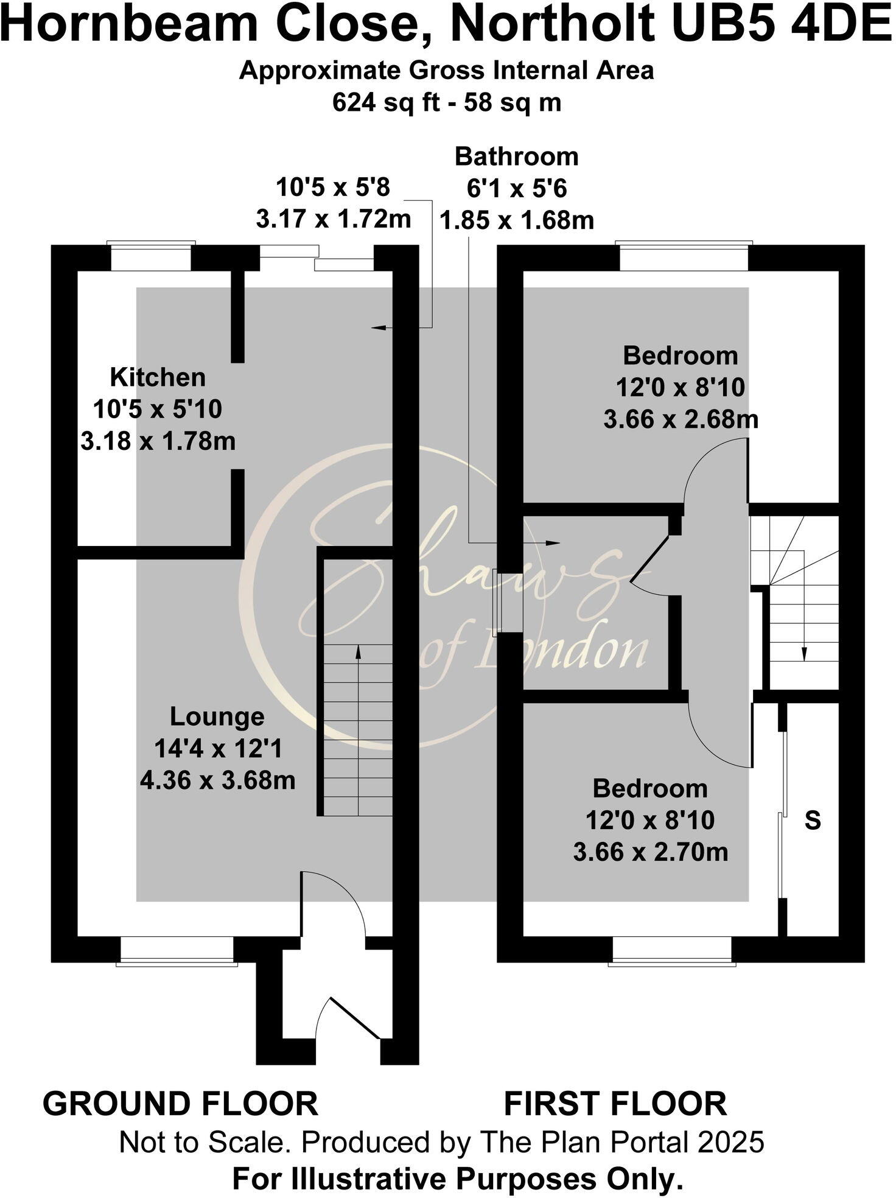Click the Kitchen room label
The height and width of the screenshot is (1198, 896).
[158, 377]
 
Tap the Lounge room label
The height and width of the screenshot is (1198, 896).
[217, 716]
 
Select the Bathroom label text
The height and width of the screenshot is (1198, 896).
[516, 157]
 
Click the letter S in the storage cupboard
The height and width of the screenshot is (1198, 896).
[813, 821]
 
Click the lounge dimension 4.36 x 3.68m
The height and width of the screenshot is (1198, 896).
[217, 780]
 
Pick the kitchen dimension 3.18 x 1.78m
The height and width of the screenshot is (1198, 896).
[158, 441]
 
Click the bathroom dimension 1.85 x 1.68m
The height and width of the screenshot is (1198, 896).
[516, 220]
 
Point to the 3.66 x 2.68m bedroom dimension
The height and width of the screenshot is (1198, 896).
[681, 419]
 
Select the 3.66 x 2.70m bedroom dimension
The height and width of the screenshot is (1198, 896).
[650, 852]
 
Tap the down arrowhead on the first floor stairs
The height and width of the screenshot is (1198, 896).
[803, 654]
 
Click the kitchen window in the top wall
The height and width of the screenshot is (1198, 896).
[151, 256]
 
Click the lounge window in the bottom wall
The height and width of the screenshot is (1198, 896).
[177, 950]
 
